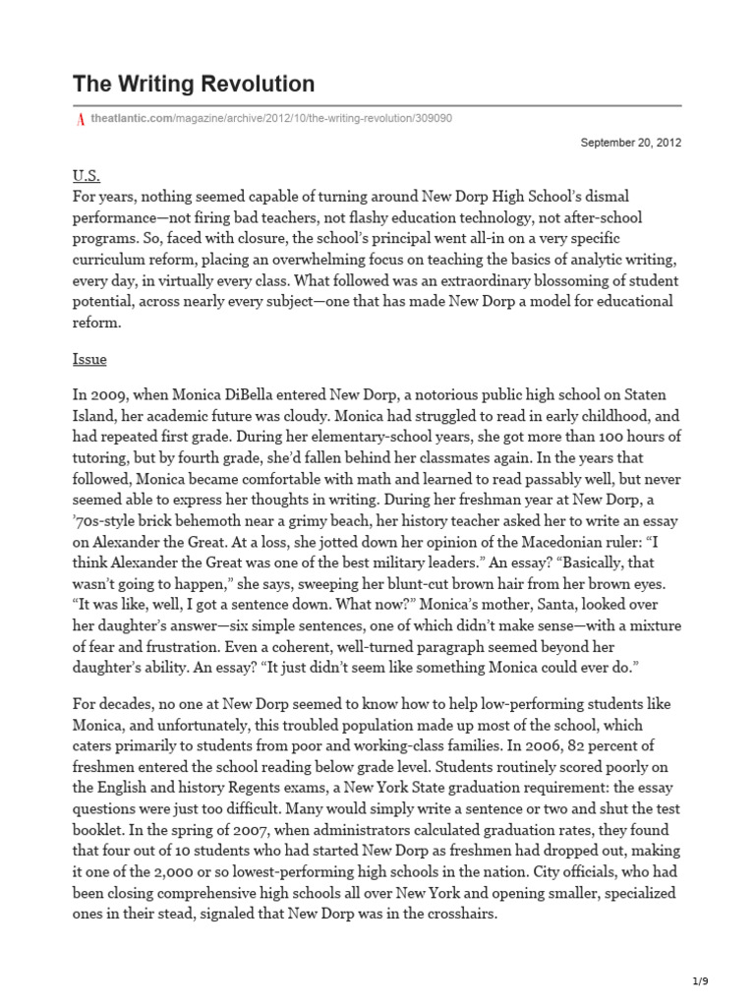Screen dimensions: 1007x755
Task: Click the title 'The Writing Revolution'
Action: click(x=194, y=84)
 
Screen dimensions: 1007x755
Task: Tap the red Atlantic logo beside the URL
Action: click(x=79, y=118)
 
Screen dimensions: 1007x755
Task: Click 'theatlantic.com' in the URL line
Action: click(x=131, y=118)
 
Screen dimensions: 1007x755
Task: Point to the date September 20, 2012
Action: click(x=631, y=142)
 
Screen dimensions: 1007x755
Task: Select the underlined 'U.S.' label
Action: click(x=87, y=175)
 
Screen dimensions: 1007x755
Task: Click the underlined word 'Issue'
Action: click(x=89, y=359)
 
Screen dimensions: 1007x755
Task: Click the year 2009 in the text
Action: click(x=108, y=393)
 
